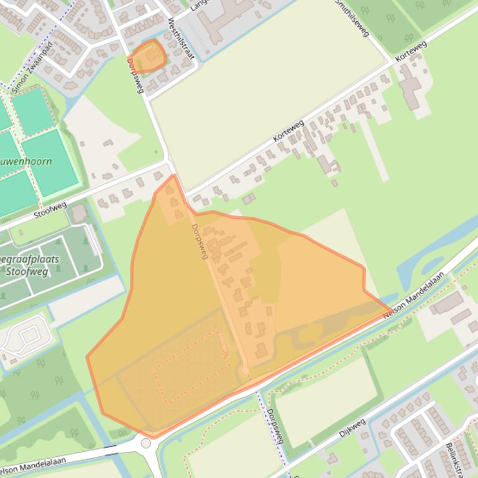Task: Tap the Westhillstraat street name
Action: tap(181, 38)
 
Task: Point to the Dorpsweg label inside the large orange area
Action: tap(199, 241)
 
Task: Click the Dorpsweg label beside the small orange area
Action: tap(135, 76)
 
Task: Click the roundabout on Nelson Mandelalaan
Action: tap(146, 443)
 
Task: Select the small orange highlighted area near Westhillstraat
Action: tap(149, 56)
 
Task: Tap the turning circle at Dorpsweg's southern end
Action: tap(245, 371)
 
